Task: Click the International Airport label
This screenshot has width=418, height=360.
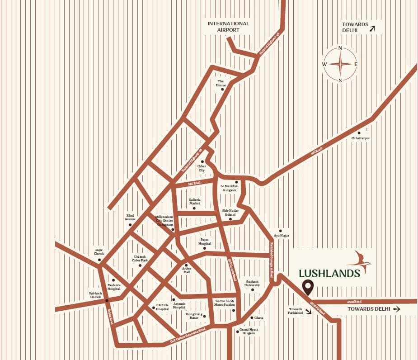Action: pos(228,27)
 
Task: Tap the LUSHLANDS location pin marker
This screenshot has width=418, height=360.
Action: pos(309,286)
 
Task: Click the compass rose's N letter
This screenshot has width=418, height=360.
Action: pos(340,48)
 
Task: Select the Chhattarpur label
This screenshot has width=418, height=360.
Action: pos(361,138)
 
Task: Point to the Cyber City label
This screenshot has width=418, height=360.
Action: pos(202,168)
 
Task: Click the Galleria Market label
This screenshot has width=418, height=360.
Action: pos(195,201)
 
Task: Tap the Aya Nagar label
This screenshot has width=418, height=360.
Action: pos(282,236)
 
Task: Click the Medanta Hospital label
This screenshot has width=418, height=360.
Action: pos(114,287)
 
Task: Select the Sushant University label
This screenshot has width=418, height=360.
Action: pos(253,283)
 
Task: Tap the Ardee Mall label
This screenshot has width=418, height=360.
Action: pos(187,270)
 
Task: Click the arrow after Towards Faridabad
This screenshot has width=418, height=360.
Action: pos(308,312)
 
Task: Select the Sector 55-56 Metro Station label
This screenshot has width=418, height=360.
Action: pos(225,303)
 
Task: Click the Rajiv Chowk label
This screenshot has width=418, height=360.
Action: pos(99,252)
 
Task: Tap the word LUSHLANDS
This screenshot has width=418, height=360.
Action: pos(329,273)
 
